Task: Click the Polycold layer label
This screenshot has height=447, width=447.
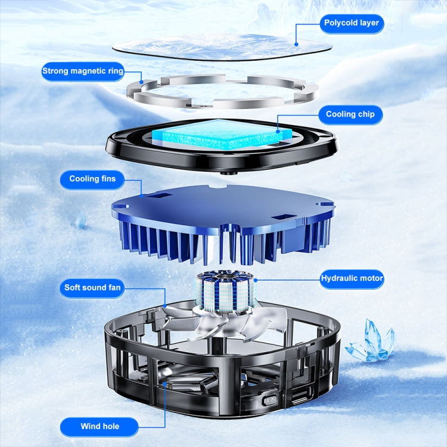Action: (x=352, y=23)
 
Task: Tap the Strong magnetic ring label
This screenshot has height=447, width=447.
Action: (x=83, y=72)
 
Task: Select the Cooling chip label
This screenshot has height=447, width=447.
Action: (x=350, y=114)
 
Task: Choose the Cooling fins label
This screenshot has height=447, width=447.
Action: (x=92, y=179)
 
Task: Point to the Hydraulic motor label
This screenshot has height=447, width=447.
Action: (x=352, y=278)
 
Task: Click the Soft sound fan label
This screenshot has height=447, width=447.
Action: (x=92, y=288)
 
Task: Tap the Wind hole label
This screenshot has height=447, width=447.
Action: (x=100, y=427)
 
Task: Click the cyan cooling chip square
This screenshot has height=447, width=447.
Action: (x=222, y=134)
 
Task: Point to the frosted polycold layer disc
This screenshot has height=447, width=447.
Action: (x=222, y=46)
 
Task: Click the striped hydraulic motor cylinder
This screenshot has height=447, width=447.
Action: (x=226, y=291)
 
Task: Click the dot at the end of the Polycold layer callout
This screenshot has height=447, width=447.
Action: (x=296, y=45)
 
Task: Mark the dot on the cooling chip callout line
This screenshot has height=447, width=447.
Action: (x=278, y=132)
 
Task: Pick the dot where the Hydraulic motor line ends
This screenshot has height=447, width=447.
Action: (x=256, y=280)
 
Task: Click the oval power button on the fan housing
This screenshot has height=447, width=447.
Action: (x=269, y=400)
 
